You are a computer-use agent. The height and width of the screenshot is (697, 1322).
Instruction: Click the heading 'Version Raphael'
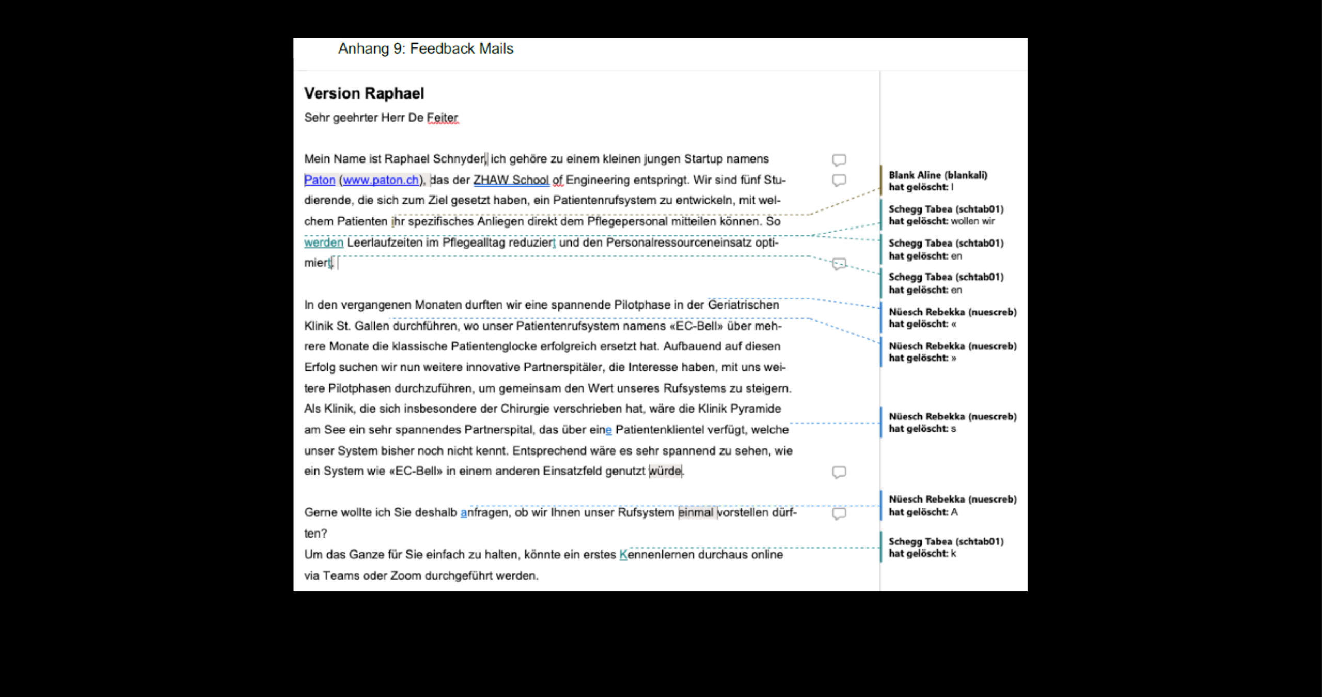pyautogui.click(x=364, y=93)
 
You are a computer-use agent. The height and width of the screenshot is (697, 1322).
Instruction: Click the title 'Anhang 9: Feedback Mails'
pyautogui.click(x=426, y=48)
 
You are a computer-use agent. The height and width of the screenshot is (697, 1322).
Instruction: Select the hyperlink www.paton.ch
pyautogui.click(x=381, y=180)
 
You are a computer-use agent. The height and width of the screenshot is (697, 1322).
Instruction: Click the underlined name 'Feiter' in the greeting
pyautogui.click(x=442, y=118)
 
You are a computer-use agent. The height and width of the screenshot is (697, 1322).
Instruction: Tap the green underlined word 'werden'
pyautogui.click(x=323, y=242)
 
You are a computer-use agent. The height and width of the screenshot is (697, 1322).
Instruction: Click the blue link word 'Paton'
pyautogui.click(x=319, y=180)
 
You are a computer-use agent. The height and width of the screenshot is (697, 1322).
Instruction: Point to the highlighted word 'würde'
pyautogui.click(x=665, y=471)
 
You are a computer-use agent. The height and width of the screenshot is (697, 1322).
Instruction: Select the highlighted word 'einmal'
pyautogui.click(x=696, y=512)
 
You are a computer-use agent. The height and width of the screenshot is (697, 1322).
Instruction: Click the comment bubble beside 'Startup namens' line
pyautogui.click(x=839, y=160)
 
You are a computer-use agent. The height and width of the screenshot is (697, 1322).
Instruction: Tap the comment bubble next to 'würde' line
pyautogui.click(x=839, y=472)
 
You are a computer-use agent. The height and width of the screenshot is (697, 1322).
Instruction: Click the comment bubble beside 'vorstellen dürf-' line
pyautogui.click(x=839, y=513)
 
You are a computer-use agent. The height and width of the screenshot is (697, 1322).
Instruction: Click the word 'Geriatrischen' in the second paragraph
pyautogui.click(x=743, y=305)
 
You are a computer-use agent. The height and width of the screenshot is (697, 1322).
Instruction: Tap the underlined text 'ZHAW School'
pyautogui.click(x=511, y=180)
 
